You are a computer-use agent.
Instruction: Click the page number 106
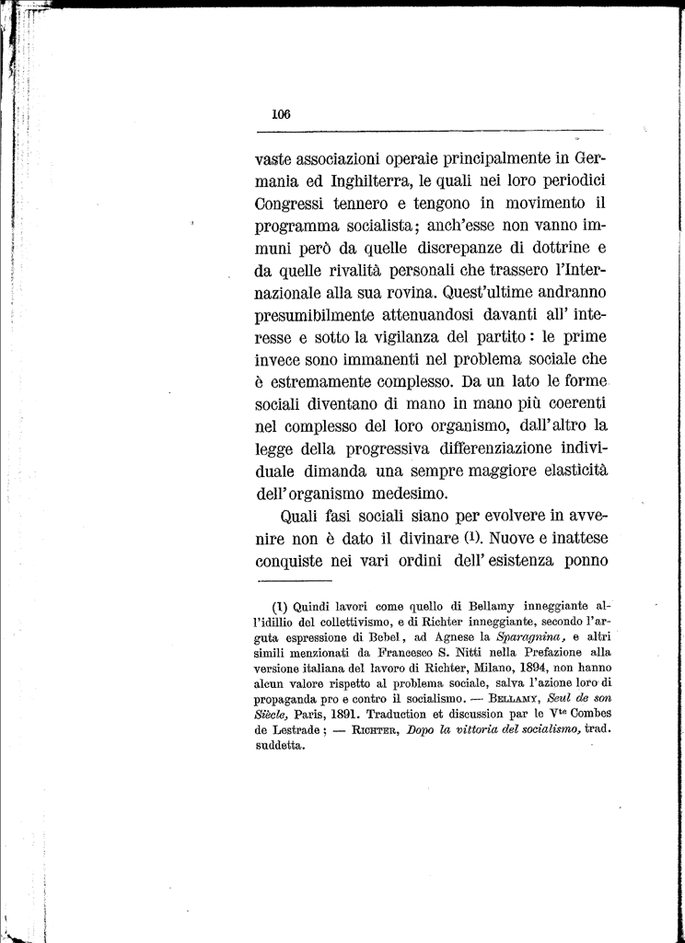[281, 115]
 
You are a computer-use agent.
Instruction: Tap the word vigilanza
[408, 338]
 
